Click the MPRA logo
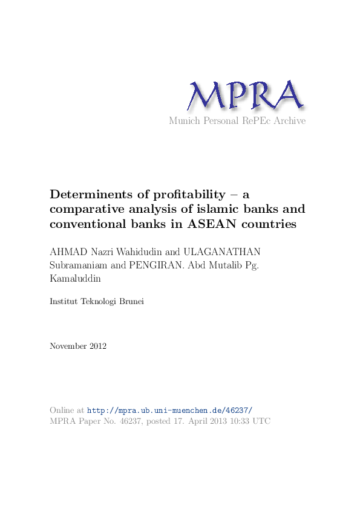pos(244,95)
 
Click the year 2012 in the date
pos(97,346)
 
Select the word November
pos(67,346)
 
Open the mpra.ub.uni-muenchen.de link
pos(170,410)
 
